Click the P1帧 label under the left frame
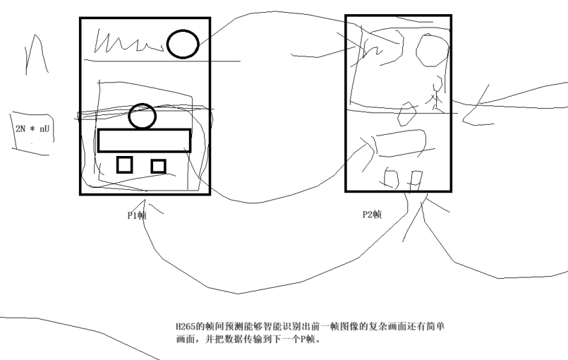click(x=136, y=215)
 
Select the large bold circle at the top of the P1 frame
click(x=183, y=44)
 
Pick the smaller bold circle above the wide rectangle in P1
click(x=143, y=116)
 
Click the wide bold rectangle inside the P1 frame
click(x=144, y=140)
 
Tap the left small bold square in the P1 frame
click(x=124, y=164)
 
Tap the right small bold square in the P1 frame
click(x=158, y=166)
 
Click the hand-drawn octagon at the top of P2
click(x=430, y=51)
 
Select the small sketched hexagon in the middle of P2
click(x=407, y=112)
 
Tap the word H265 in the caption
click(x=186, y=327)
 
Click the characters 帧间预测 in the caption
click(x=220, y=327)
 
